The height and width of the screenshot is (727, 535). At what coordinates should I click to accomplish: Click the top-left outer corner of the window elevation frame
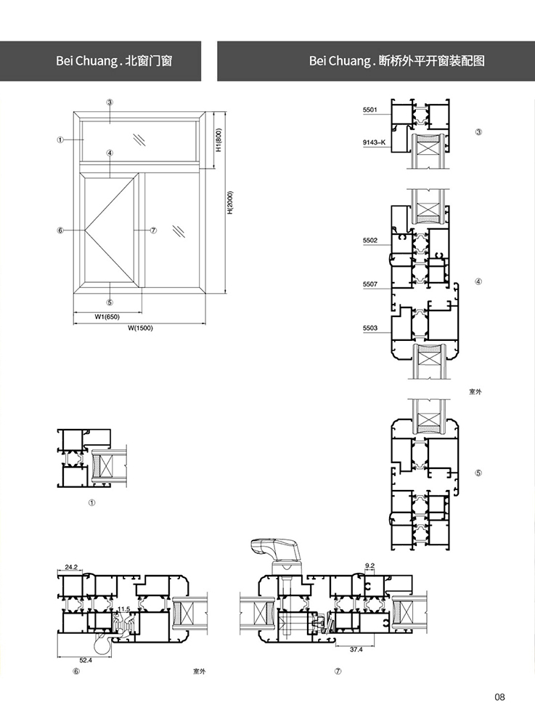click(x=73, y=111)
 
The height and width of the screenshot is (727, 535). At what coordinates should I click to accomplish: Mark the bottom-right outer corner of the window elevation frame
click(x=206, y=294)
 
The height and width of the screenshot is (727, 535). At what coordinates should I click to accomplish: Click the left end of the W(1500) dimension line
click(x=73, y=324)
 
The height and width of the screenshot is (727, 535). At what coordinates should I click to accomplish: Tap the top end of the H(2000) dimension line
click(x=225, y=111)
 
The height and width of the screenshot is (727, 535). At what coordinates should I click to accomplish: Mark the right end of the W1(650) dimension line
click(x=142, y=313)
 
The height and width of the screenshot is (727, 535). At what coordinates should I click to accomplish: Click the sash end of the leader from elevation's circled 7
click(x=134, y=230)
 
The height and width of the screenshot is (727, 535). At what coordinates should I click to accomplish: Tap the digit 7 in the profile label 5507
click(x=376, y=284)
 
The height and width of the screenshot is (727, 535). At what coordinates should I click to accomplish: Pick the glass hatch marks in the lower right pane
click(x=179, y=231)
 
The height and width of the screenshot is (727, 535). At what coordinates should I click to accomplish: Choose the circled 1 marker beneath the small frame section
click(x=91, y=503)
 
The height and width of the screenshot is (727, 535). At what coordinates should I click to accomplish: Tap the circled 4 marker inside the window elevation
click(x=110, y=153)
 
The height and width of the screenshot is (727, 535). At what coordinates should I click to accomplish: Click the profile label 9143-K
click(x=374, y=142)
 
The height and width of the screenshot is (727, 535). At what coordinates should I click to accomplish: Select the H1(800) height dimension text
click(x=219, y=140)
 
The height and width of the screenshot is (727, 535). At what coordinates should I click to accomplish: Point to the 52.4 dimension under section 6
click(x=86, y=660)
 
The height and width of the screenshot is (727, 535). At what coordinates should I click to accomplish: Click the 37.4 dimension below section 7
click(x=356, y=649)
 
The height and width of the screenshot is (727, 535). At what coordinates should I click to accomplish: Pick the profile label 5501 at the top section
click(x=370, y=110)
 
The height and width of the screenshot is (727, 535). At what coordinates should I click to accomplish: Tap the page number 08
click(x=499, y=697)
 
